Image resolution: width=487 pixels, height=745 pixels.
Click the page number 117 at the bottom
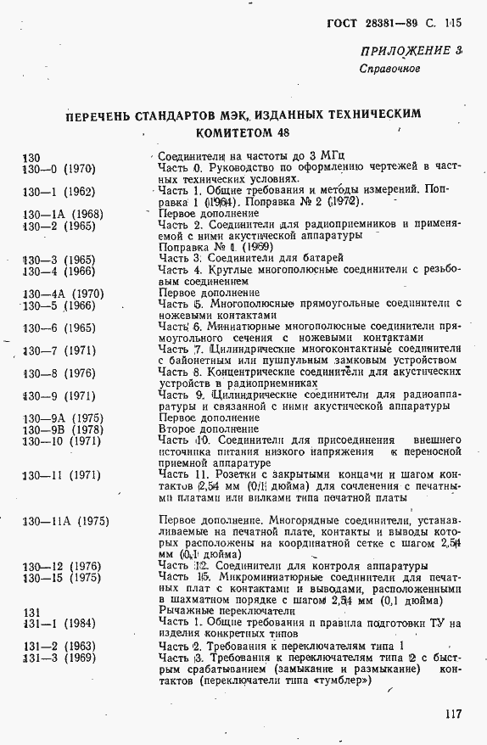coord(451,714)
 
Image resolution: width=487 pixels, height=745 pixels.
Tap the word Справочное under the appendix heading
coord(389,69)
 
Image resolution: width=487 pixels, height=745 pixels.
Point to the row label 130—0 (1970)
coord(59,169)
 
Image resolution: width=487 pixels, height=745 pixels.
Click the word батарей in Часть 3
coord(319,258)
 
